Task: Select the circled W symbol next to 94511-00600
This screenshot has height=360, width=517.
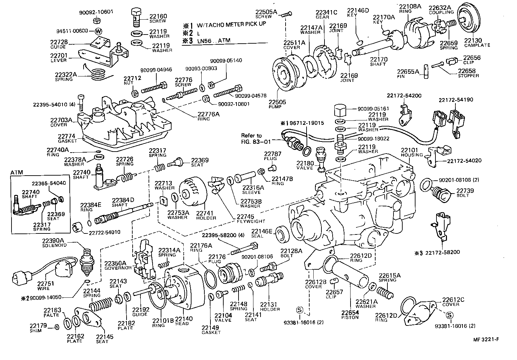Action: pyautogui.click(x=98, y=31)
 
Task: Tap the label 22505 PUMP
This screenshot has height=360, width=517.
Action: pyautogui.click(x=277, y=104)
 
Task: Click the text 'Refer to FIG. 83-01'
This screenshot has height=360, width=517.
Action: pyautogui.click(x=252, y=138)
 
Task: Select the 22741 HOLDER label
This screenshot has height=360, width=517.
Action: pyautogui.click(x=206, y=216)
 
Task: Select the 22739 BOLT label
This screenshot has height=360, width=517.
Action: pyautogui.click(x=463, y=193)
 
